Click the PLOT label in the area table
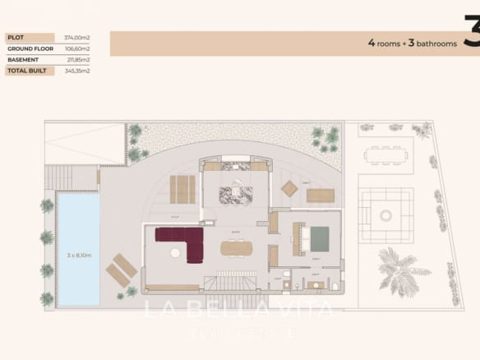(x=16, y=38)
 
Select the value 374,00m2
(x=76, y=38)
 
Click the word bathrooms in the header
(x=435, y=44)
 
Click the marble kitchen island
(x=235, y=196)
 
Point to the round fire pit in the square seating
(x=386, y=215)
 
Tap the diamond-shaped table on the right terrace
(x=289, y=188)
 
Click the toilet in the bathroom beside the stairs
(x=285, y=275)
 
